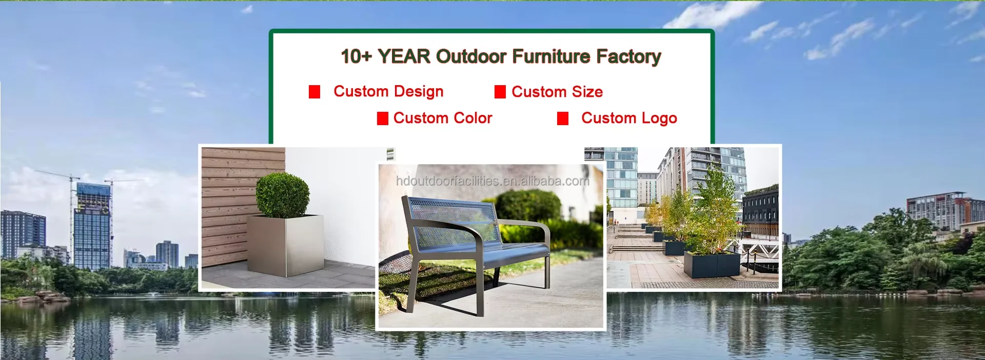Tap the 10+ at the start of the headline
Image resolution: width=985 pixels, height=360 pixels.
356,56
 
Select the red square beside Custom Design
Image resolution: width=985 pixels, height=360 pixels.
314,92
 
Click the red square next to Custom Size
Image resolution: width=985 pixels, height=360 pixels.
500,92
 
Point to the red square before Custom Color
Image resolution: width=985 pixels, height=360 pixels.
383,118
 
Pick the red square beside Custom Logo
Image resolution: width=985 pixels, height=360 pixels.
563,118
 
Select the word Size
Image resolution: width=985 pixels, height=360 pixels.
587,92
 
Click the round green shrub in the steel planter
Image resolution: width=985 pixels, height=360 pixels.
283,195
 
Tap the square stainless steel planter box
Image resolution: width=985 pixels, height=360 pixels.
285,245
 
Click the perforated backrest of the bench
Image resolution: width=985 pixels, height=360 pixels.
451,221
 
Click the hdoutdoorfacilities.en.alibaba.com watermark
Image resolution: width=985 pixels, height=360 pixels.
493,181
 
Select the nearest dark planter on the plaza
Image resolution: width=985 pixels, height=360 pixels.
712,265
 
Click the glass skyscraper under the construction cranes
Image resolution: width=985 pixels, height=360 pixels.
92,226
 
